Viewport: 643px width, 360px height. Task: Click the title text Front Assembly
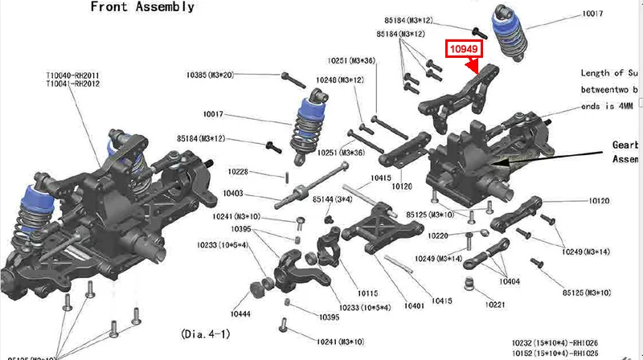[141, 7]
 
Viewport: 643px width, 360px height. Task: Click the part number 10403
[233, 194]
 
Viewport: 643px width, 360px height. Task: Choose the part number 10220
[440, 235]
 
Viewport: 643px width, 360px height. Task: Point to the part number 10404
[510, 281]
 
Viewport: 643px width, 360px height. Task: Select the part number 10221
[495, 305]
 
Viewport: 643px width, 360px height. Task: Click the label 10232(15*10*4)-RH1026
[555, 342]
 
